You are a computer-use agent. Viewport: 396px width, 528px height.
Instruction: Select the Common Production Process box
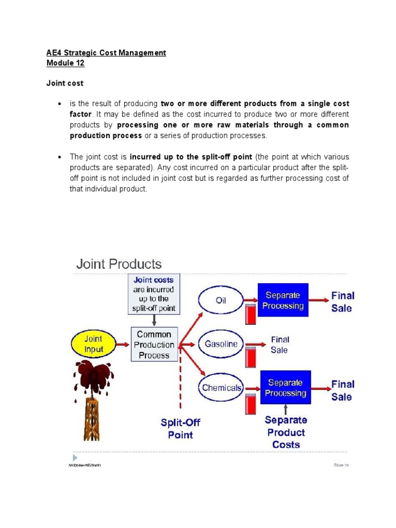tap(154, 344)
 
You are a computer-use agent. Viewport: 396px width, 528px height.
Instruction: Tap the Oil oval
tap(221, 300)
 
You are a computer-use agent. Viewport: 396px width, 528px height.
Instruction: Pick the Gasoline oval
tap(221, 344)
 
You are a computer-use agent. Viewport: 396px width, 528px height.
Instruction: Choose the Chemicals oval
tap(221, 387)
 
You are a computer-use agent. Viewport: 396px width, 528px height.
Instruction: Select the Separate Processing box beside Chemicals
tap(285, 388)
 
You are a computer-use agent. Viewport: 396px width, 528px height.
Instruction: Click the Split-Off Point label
tap(180, 428)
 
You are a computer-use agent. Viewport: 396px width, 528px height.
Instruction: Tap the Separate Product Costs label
tap(286, 432)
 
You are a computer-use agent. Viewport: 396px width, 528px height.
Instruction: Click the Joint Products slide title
tap(119, 265)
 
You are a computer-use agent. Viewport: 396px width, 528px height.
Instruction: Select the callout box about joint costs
tap(154, 294)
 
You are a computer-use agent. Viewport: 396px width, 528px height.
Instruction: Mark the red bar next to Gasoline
tap(251, 356)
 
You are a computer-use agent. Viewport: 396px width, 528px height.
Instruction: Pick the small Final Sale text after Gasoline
tap(279, 344)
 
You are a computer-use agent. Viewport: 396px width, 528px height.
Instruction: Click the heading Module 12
tap(65, 63)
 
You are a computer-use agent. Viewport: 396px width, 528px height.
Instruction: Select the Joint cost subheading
tap(65, 83)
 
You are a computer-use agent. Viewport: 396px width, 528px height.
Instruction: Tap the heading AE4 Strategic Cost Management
tap(106, 53)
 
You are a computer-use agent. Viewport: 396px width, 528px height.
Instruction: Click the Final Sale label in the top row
tap(342, 302)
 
